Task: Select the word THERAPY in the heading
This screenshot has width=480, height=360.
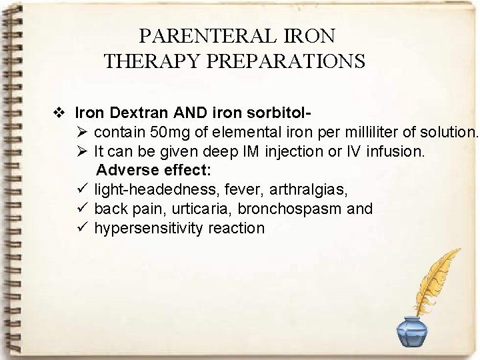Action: [153, 61]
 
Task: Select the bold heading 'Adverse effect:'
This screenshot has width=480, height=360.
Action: [154, 171]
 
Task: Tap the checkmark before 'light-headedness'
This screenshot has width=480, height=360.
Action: [83, 190]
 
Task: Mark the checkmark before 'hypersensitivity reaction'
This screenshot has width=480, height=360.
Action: [83, 228]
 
